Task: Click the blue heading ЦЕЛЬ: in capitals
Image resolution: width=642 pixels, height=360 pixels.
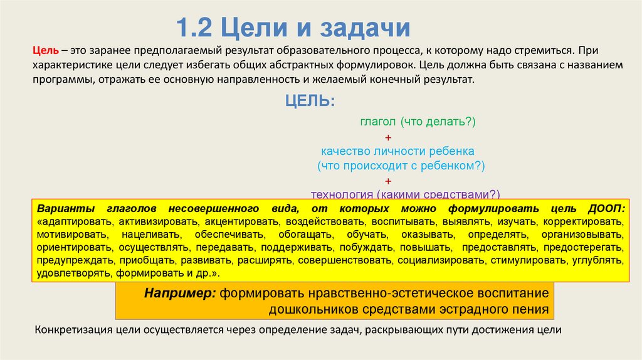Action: pos(310,101)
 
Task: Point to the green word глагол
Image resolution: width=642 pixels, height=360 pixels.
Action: pos(379,123)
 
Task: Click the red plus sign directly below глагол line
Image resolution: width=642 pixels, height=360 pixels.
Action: pos(389,137)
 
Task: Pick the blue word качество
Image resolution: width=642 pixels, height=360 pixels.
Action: pos(345,151)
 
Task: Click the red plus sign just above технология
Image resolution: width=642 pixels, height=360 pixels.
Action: pos(389,180)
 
